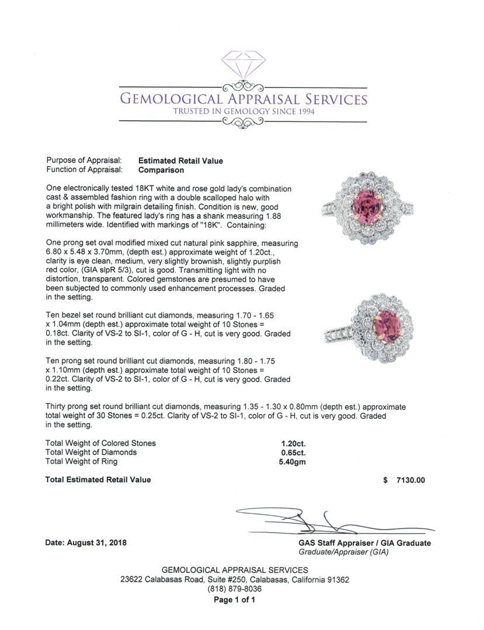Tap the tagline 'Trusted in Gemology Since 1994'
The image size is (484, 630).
coord(243,111)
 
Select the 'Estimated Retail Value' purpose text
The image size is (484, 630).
coord(180,160)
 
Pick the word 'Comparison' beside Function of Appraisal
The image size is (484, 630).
coord(161,170)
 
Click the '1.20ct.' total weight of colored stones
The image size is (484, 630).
coord(294,443)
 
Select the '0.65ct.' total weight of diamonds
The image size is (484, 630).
coord(294,453)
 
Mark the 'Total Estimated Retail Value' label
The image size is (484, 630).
coord(98,480)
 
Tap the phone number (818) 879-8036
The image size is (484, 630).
coord(235,589)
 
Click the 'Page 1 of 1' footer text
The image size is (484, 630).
coord(235,600)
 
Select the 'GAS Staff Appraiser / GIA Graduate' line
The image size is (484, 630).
coord(364,543)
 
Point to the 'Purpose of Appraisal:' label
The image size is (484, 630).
coord(83,160)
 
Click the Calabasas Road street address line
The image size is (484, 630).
coord(235,580)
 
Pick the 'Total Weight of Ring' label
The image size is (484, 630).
coord(81,462)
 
